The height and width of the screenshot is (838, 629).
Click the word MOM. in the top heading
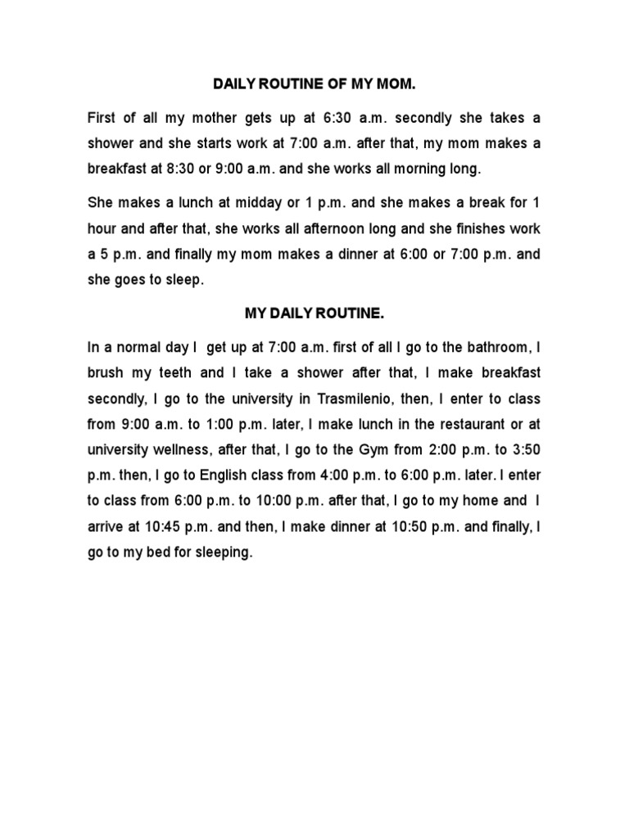(x=396, y=84)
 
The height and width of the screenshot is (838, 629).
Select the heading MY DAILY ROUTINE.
(x=314, y=313)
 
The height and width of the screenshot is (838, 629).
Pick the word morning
(x=435, y=170)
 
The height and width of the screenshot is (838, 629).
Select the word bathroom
(x=502, y=347)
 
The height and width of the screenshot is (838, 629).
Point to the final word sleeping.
(x=224, y=553)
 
